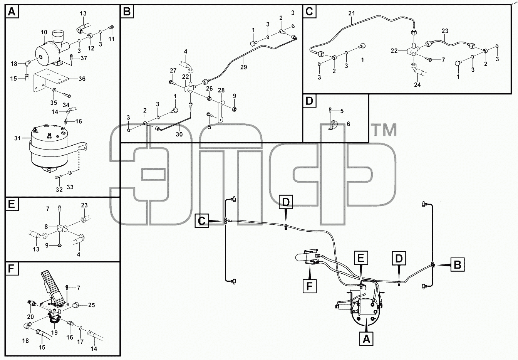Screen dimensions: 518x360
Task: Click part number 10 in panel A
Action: tap(44, 32)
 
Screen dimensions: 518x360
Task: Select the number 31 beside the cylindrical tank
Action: tap(18, 138)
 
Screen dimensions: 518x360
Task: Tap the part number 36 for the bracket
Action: tap(82, 79)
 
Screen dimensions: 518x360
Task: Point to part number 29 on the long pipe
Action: tap(243, 67)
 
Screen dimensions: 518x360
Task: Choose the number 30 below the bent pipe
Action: tap(179, 134)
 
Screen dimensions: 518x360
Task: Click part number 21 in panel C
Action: tap(352, 13)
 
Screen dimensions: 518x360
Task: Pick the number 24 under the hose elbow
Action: tap(417, 85)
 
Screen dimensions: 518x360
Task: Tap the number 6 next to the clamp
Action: tap(348, 124)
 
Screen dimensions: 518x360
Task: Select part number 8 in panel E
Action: tap(46, 227)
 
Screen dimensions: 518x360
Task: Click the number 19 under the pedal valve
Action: tap(54, 333)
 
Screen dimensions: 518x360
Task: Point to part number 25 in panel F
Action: tap(92, 305)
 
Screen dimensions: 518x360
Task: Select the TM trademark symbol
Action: tap(384, 130)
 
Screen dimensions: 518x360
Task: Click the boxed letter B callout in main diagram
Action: tap(458, 264)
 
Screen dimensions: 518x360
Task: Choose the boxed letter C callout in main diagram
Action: tap(202, 221)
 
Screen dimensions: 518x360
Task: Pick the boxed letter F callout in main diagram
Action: tap(309, 286)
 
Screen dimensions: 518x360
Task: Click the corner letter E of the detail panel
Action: tap(12, 205)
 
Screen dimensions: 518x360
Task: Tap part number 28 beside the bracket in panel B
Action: tap(221, 90)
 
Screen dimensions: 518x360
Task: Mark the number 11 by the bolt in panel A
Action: tap(111, 39)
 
